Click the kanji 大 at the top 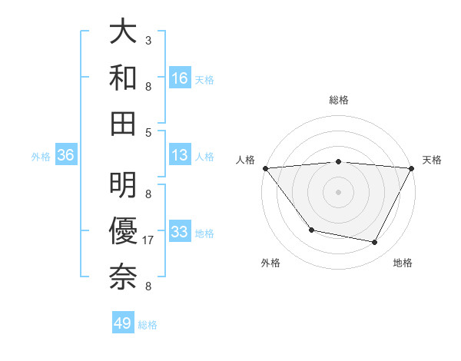point(124,31)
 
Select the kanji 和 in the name point(124,77)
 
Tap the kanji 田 point(124,122)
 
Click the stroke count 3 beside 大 point(148,40)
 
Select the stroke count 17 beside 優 point(148,240)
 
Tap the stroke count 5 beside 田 point(148,131)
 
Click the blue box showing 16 point(180,78)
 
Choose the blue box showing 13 point(180,155)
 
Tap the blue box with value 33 point(180,231)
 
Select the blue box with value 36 point(65,155)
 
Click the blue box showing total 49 point(123,323)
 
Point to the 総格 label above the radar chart point(339,100)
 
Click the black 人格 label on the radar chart point(246,160)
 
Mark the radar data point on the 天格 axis point(413,168)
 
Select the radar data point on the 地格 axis point(375,243)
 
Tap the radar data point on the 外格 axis point(311,230)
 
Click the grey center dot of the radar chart point(339,191)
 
